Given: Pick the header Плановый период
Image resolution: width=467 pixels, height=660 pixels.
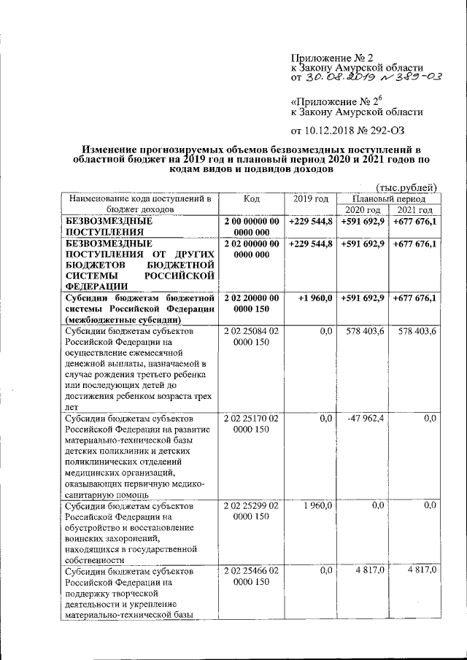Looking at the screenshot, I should pyautogui.click(x=389, y=198).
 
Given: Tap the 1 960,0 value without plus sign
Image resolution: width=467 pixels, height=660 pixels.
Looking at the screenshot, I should pyautogui.click(x=317, y=505).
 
